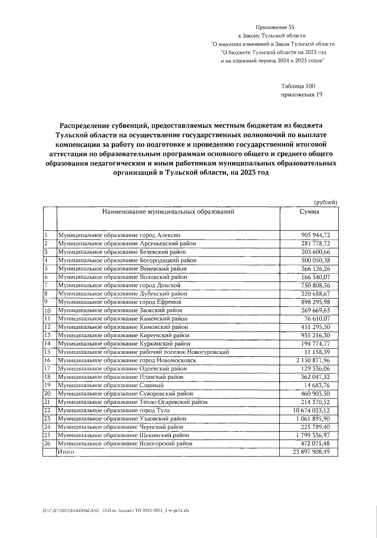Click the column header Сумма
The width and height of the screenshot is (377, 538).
(309, 212)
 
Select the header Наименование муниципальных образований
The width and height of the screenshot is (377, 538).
(168, 212)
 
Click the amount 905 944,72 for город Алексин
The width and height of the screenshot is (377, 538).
(315, 235)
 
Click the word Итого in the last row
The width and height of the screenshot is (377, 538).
(66, 452)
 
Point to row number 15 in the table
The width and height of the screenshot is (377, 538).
(47, 352)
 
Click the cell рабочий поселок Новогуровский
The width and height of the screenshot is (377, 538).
(143, 352)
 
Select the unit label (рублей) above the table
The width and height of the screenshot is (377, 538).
(326, 202)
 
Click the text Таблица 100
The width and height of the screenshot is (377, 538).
(298, 86)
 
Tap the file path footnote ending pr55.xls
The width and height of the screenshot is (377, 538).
(116, 511)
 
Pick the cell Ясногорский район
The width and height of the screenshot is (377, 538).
(125, 444)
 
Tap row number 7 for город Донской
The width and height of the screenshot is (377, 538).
(46, 285)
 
